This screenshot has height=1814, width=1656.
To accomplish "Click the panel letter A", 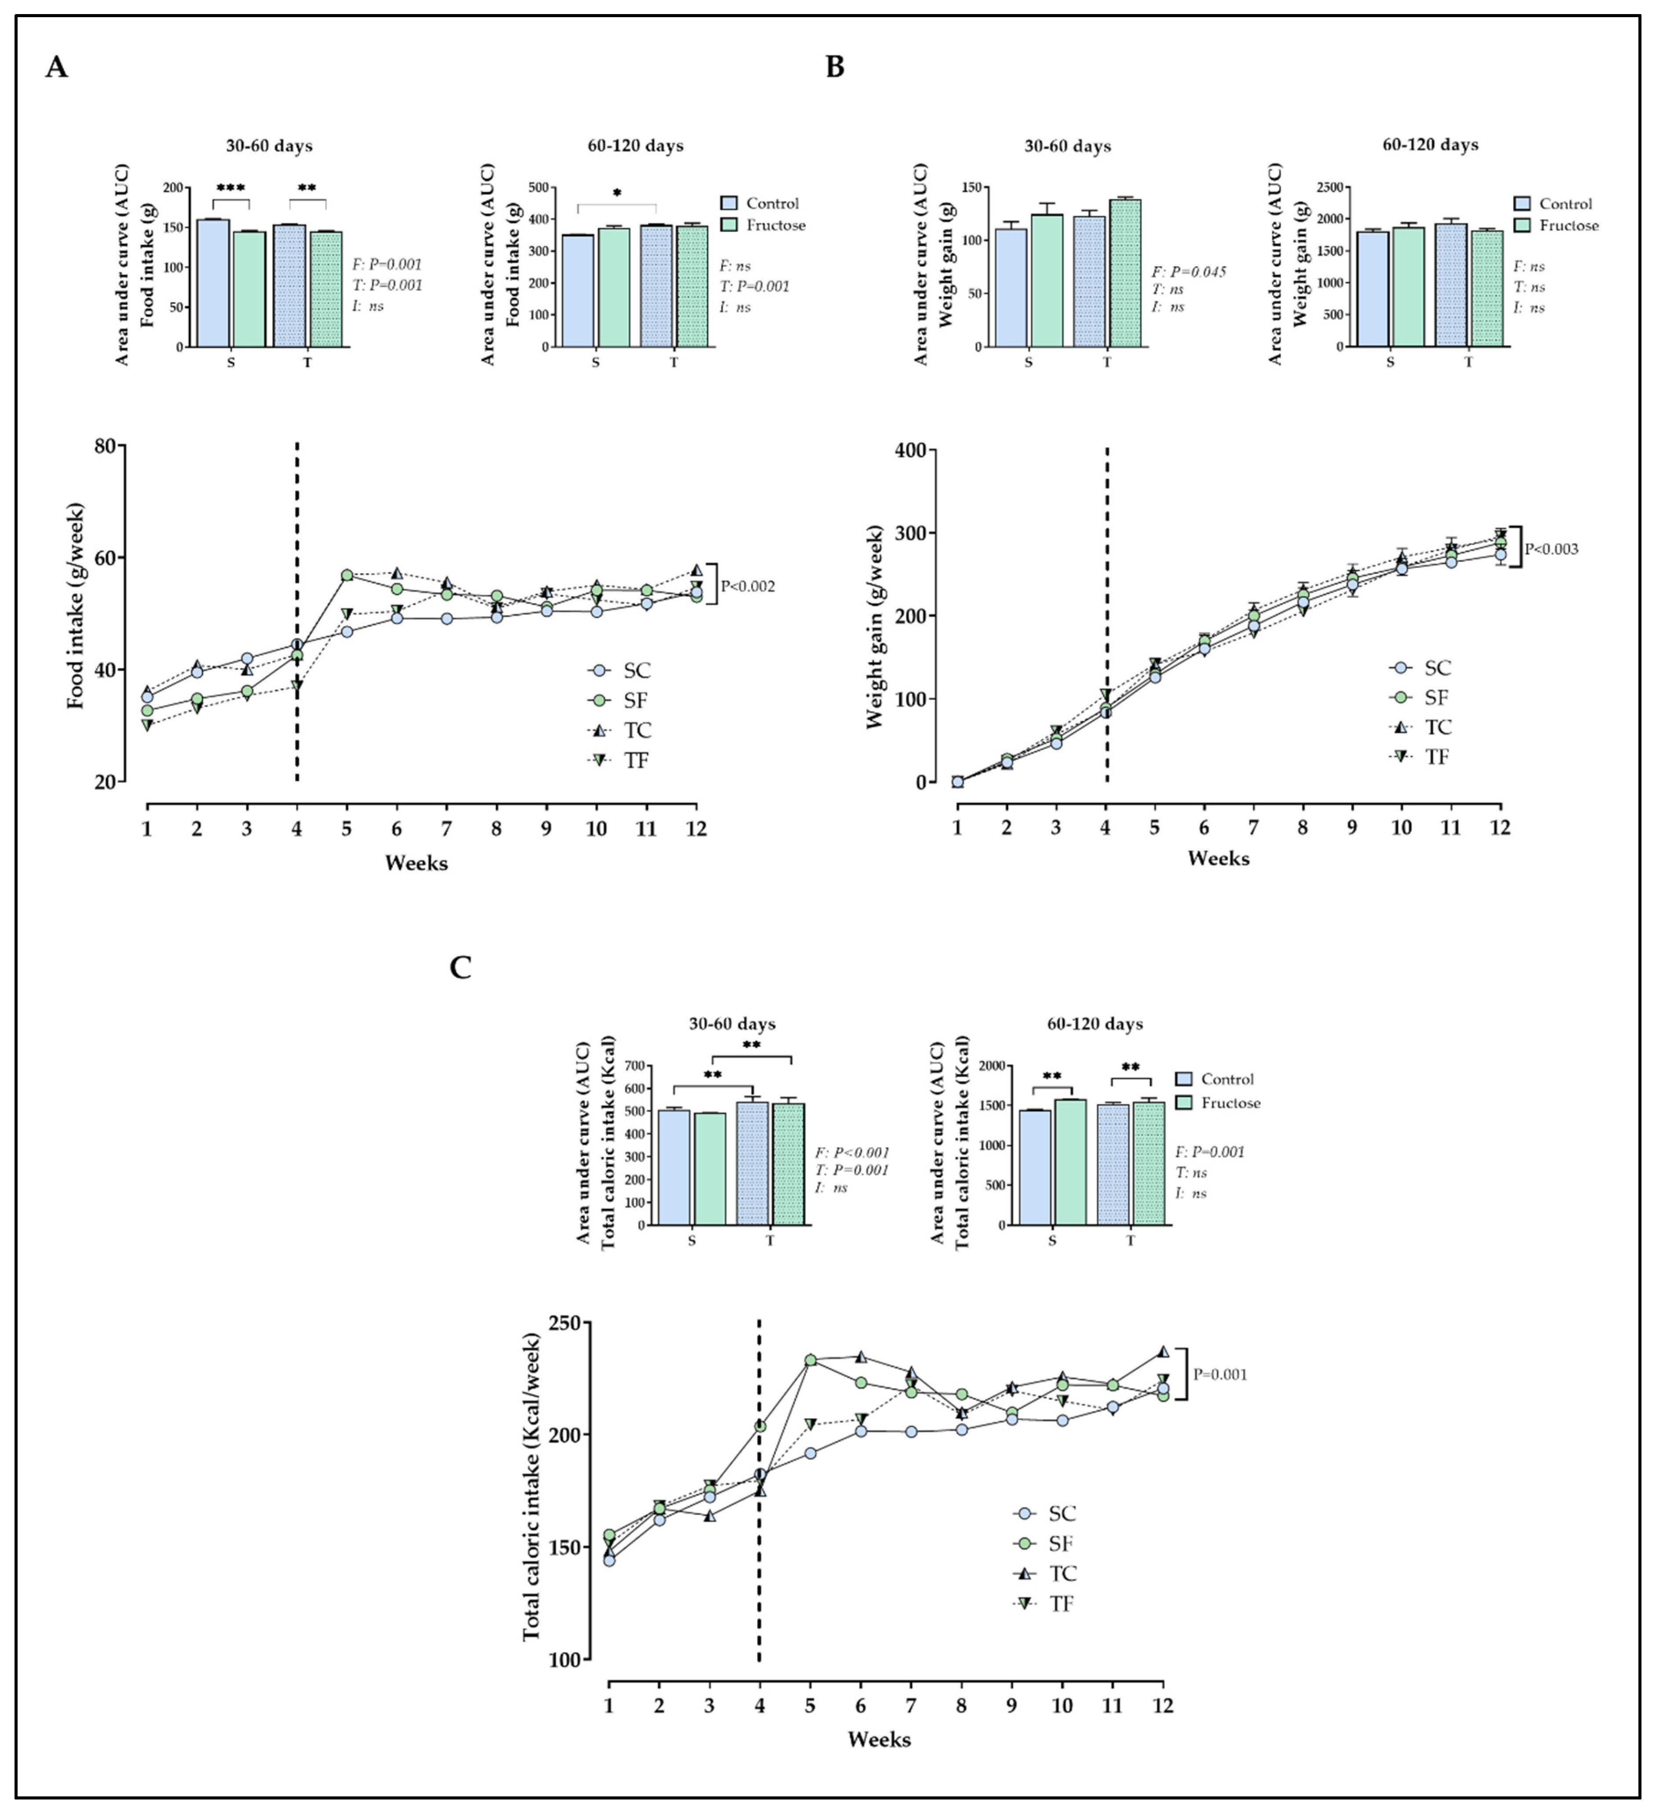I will pos(56,67).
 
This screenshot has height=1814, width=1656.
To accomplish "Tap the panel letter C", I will pos(460,967).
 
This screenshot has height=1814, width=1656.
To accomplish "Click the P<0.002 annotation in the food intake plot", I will pos(747,587).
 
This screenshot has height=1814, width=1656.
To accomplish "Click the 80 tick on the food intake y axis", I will pos(106,446).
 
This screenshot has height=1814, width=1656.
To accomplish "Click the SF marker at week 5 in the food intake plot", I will pos(347,575).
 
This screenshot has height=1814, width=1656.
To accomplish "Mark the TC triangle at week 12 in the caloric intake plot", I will pos(1163,1352).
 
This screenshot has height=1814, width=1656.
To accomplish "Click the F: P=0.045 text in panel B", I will pos(1188,272).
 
